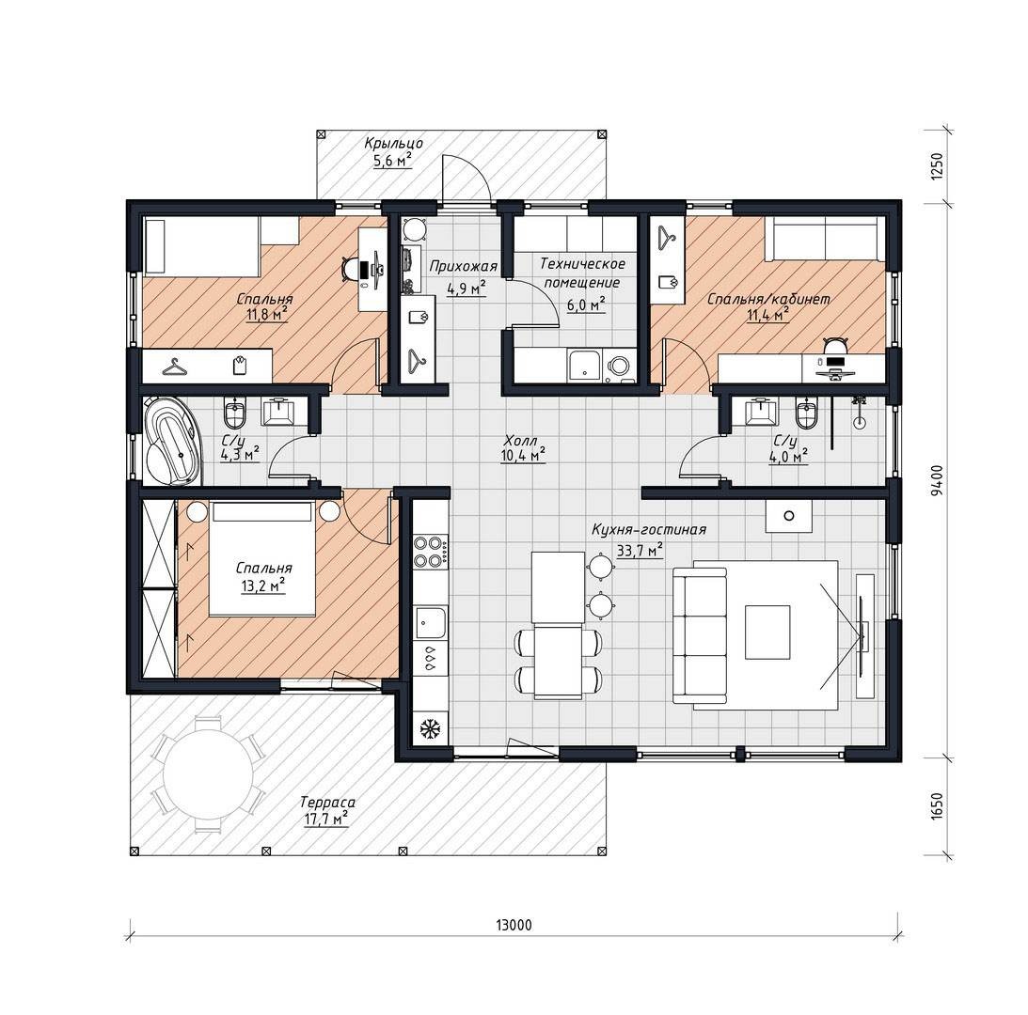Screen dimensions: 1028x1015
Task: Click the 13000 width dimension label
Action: pyautogui.click(x=514, y=925)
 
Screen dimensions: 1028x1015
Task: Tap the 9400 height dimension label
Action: pyautogui.click(x=938, y=479)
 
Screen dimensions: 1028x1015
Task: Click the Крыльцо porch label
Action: pyautogui.click(x=393, y=143)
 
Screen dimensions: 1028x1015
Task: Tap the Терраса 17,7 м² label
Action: pyautogui.click(x=327, y=810)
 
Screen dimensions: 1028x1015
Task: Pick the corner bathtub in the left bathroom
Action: pyautogui.click(x=172, y=441)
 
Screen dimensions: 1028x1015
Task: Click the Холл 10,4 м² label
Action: pyautogui.click(x=523, y=448)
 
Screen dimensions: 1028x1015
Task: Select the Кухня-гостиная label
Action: pyautogui.click(x=649, y=529)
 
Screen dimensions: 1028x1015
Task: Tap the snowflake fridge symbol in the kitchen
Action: pyautogui.click(x=429, y=728)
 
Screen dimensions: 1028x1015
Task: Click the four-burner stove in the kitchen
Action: pyautogui.click(x=431, y=551)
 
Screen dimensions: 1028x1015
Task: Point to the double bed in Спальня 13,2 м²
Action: pyautogui.click(x=261, y=559)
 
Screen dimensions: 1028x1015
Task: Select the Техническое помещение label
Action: pyautogui.click(x=582, y=273)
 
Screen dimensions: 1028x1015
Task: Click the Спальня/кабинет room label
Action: pyautogui.click(x=768, y=299)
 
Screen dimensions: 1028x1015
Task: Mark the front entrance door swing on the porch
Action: pyautogui.click(x=465, y=178)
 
